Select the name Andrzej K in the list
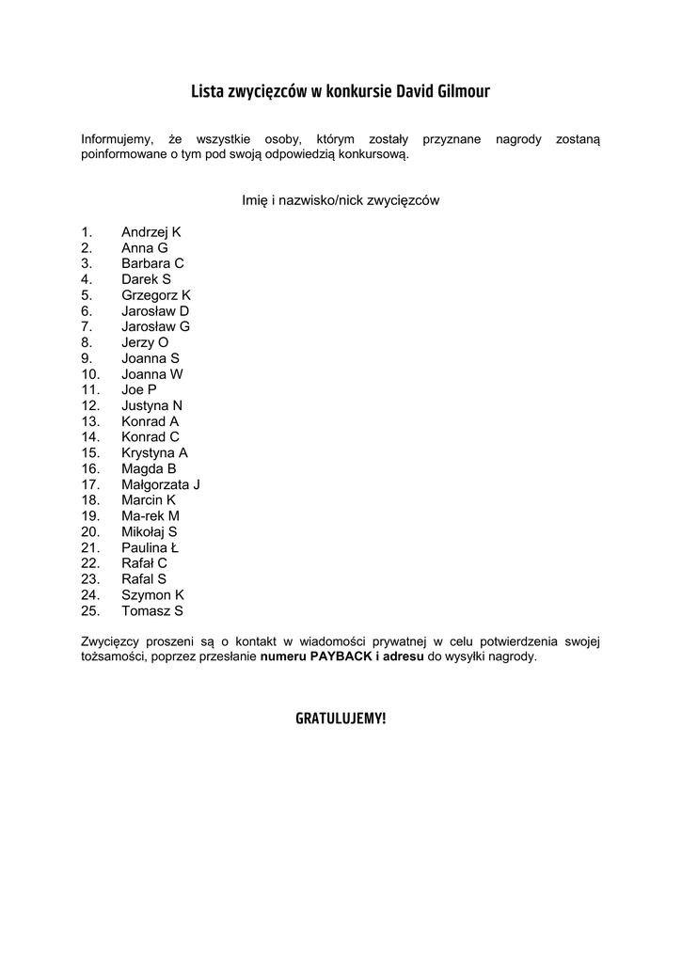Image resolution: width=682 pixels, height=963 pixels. tap(151, 231)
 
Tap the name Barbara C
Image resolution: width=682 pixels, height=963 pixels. tap(152, 263)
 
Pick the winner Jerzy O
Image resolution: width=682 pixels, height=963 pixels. tap(145, 342)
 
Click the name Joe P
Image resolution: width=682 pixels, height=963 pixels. tap(138, 389)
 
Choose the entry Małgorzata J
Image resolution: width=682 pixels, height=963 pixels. tap(161, 484)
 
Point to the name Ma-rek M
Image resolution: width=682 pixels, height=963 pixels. tap(150, 515)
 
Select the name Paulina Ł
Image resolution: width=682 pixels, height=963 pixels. tap(150, 547)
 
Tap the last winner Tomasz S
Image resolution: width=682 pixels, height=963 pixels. tap(151, 610)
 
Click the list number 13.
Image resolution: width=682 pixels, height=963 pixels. tap(90, 421)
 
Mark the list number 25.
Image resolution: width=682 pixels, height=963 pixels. tap(90, 610)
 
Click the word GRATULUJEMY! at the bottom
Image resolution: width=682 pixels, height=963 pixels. tap(341, 718)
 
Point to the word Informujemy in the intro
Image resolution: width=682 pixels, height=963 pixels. tap(117, 139)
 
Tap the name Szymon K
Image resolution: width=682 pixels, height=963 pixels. tap(152, 594)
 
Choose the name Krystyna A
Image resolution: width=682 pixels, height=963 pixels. tap(154, 452)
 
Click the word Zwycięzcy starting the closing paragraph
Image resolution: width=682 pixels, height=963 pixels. tap(111, 641)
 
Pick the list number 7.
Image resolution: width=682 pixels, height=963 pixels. tap(87, 326)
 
